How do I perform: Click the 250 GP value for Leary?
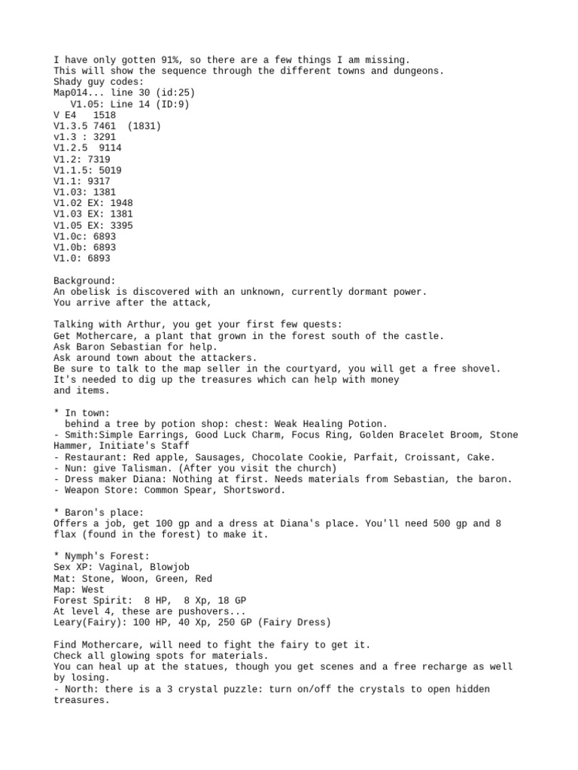click(x=195, y=623)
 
